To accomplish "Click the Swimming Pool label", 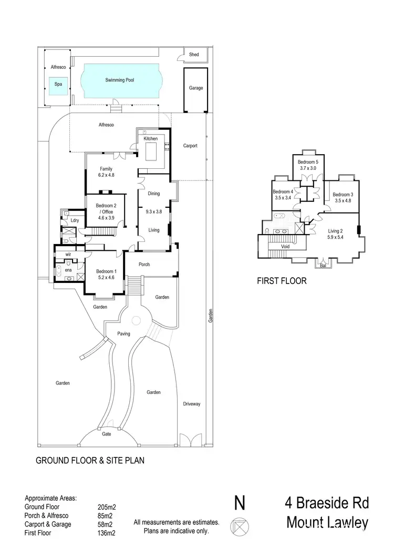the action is tap(120, 80).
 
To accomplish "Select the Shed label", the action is tap(194, 55).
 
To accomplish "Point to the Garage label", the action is tap(196, 88).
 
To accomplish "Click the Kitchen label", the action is tap(151, 138).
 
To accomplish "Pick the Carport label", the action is tap(190, 146).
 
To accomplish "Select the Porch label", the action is tap(144, 264).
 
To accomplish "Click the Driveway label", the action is tap(192, 404).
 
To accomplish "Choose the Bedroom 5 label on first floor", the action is tap(308, 161).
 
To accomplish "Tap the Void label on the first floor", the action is tap(285, 246).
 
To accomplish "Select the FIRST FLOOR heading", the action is tap(282, 281).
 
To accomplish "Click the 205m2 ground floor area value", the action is tap(107, 508).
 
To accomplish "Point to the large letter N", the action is tap(240, 503).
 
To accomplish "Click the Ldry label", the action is tap(75, 220).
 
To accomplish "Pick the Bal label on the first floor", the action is tap(323, 266).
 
